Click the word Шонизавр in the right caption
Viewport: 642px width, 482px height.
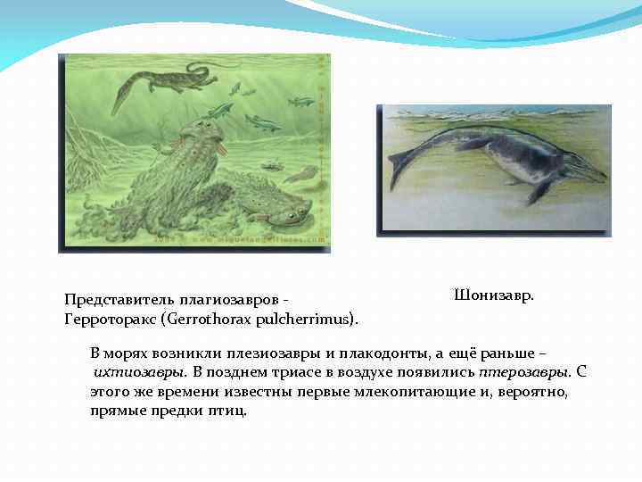493,295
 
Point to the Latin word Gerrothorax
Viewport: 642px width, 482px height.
202,319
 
